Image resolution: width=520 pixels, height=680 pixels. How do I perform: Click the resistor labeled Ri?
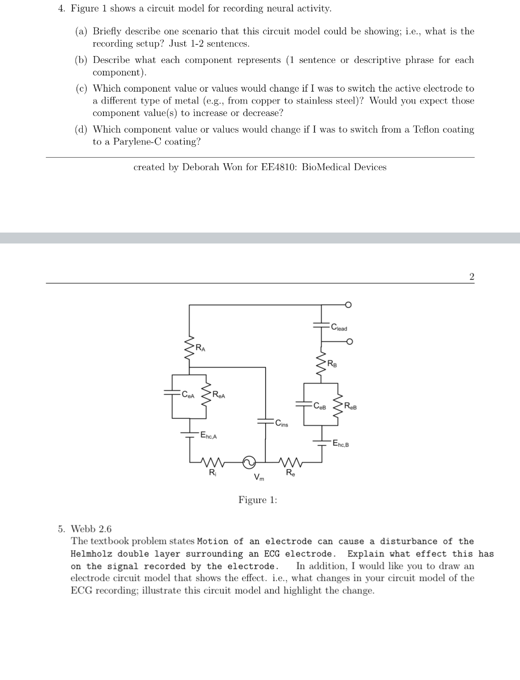pos(212,462)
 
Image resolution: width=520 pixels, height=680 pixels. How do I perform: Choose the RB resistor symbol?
pos(321,363)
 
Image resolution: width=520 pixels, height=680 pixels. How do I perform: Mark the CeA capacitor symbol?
pos(173,393)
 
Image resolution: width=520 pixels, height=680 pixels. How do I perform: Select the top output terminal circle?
pos(349,304)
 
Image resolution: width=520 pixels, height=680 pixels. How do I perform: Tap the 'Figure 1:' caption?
pos(258,500)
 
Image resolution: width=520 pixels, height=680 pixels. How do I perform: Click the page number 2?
pos(472,277)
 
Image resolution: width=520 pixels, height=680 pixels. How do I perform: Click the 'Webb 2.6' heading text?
pos(91,529)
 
